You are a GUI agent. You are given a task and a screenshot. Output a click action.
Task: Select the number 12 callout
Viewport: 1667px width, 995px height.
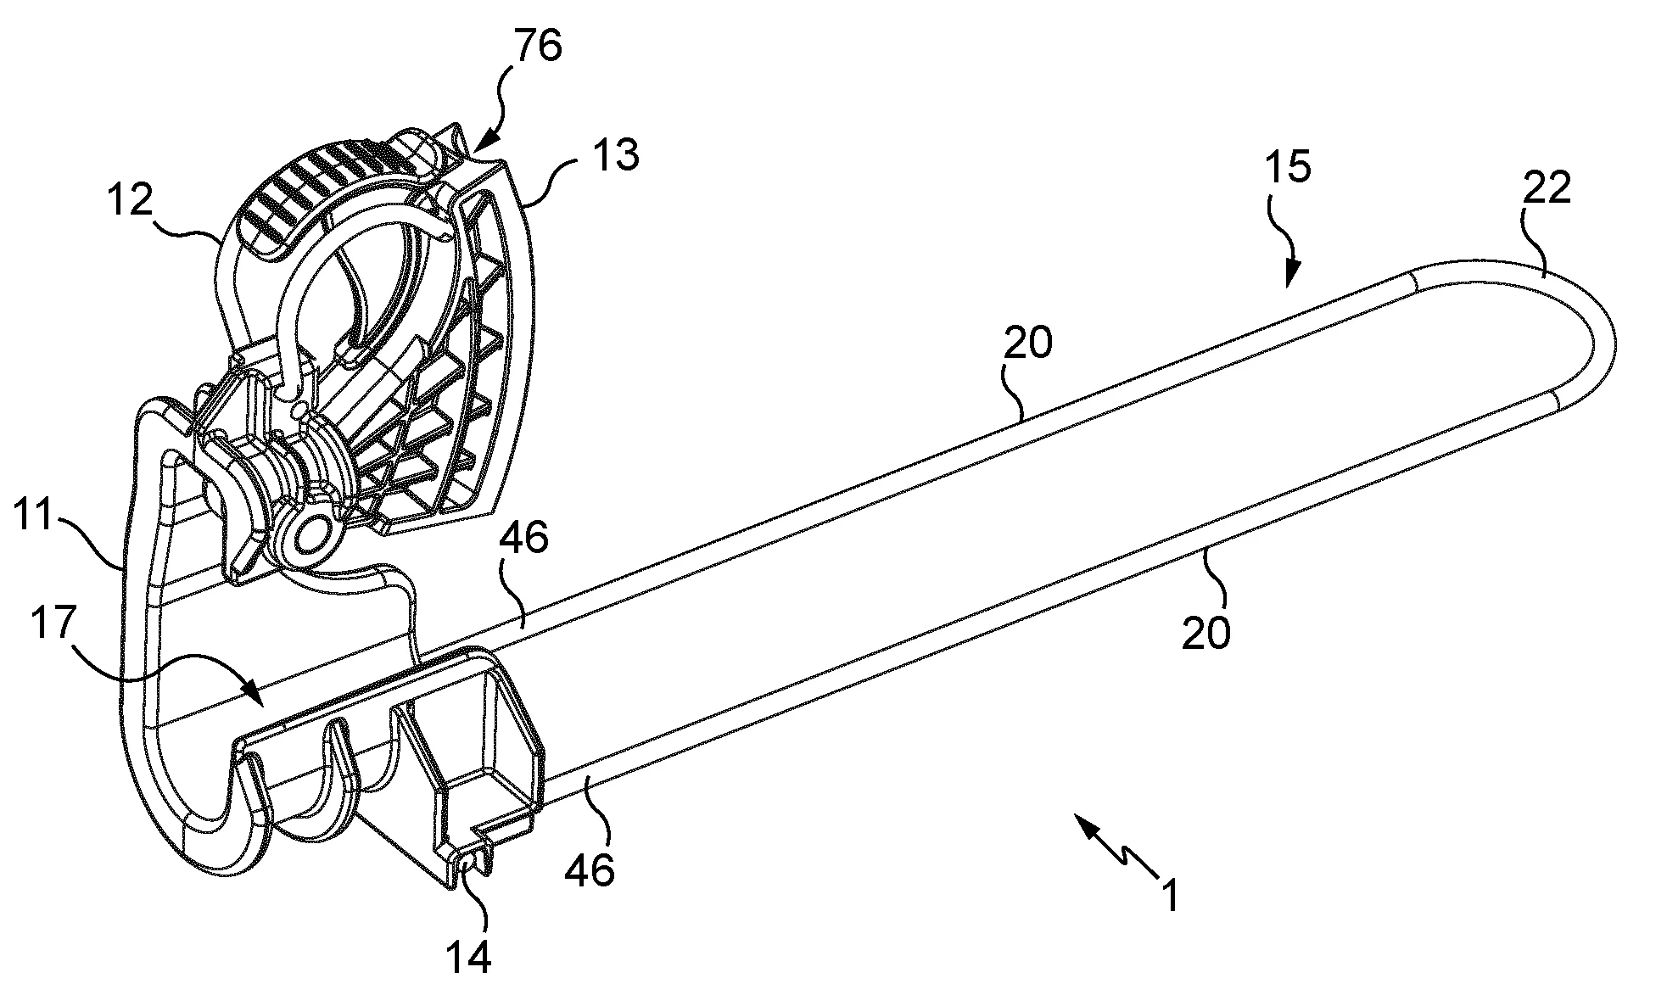point(130,200)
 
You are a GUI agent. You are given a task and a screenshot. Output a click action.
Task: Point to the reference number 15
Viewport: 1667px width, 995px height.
point(1287,167)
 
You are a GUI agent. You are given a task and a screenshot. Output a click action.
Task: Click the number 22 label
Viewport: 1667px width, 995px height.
point(1547,190)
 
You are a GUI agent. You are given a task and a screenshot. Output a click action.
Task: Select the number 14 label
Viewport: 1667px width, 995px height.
point(467,957)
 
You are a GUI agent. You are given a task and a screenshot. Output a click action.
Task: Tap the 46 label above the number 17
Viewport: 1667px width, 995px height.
point(525,538)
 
